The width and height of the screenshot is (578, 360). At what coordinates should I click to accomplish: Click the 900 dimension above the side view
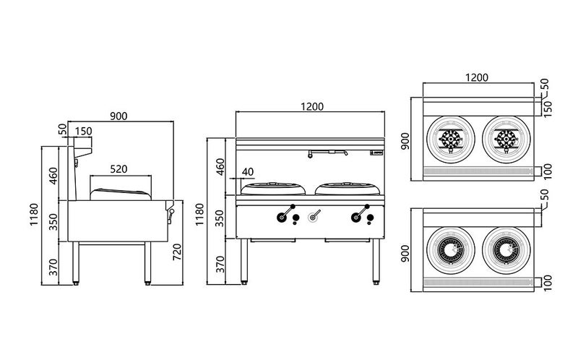120,116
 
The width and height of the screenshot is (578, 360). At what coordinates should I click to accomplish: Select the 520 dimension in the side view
119,169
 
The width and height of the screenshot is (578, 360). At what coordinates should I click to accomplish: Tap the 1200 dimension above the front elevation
311,106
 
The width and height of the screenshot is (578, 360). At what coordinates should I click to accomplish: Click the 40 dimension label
248,172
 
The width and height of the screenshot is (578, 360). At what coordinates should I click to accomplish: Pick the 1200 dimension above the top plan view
477,77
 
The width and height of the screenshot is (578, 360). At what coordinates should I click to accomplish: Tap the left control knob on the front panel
282,216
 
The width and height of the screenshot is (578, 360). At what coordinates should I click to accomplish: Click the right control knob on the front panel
357,216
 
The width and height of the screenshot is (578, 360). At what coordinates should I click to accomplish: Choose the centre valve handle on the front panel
314,215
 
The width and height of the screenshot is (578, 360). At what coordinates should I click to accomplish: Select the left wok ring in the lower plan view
452,249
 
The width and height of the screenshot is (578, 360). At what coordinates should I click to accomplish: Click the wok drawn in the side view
120,192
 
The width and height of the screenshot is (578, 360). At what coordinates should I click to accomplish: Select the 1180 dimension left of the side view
35,215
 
